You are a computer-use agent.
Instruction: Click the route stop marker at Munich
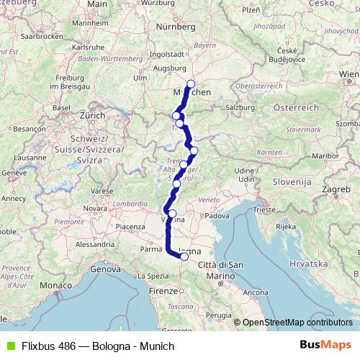[191, 84]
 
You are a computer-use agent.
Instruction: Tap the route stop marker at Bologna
[184, 256]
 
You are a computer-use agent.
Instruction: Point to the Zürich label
[92, 114]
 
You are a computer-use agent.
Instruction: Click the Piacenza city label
[127, 227]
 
